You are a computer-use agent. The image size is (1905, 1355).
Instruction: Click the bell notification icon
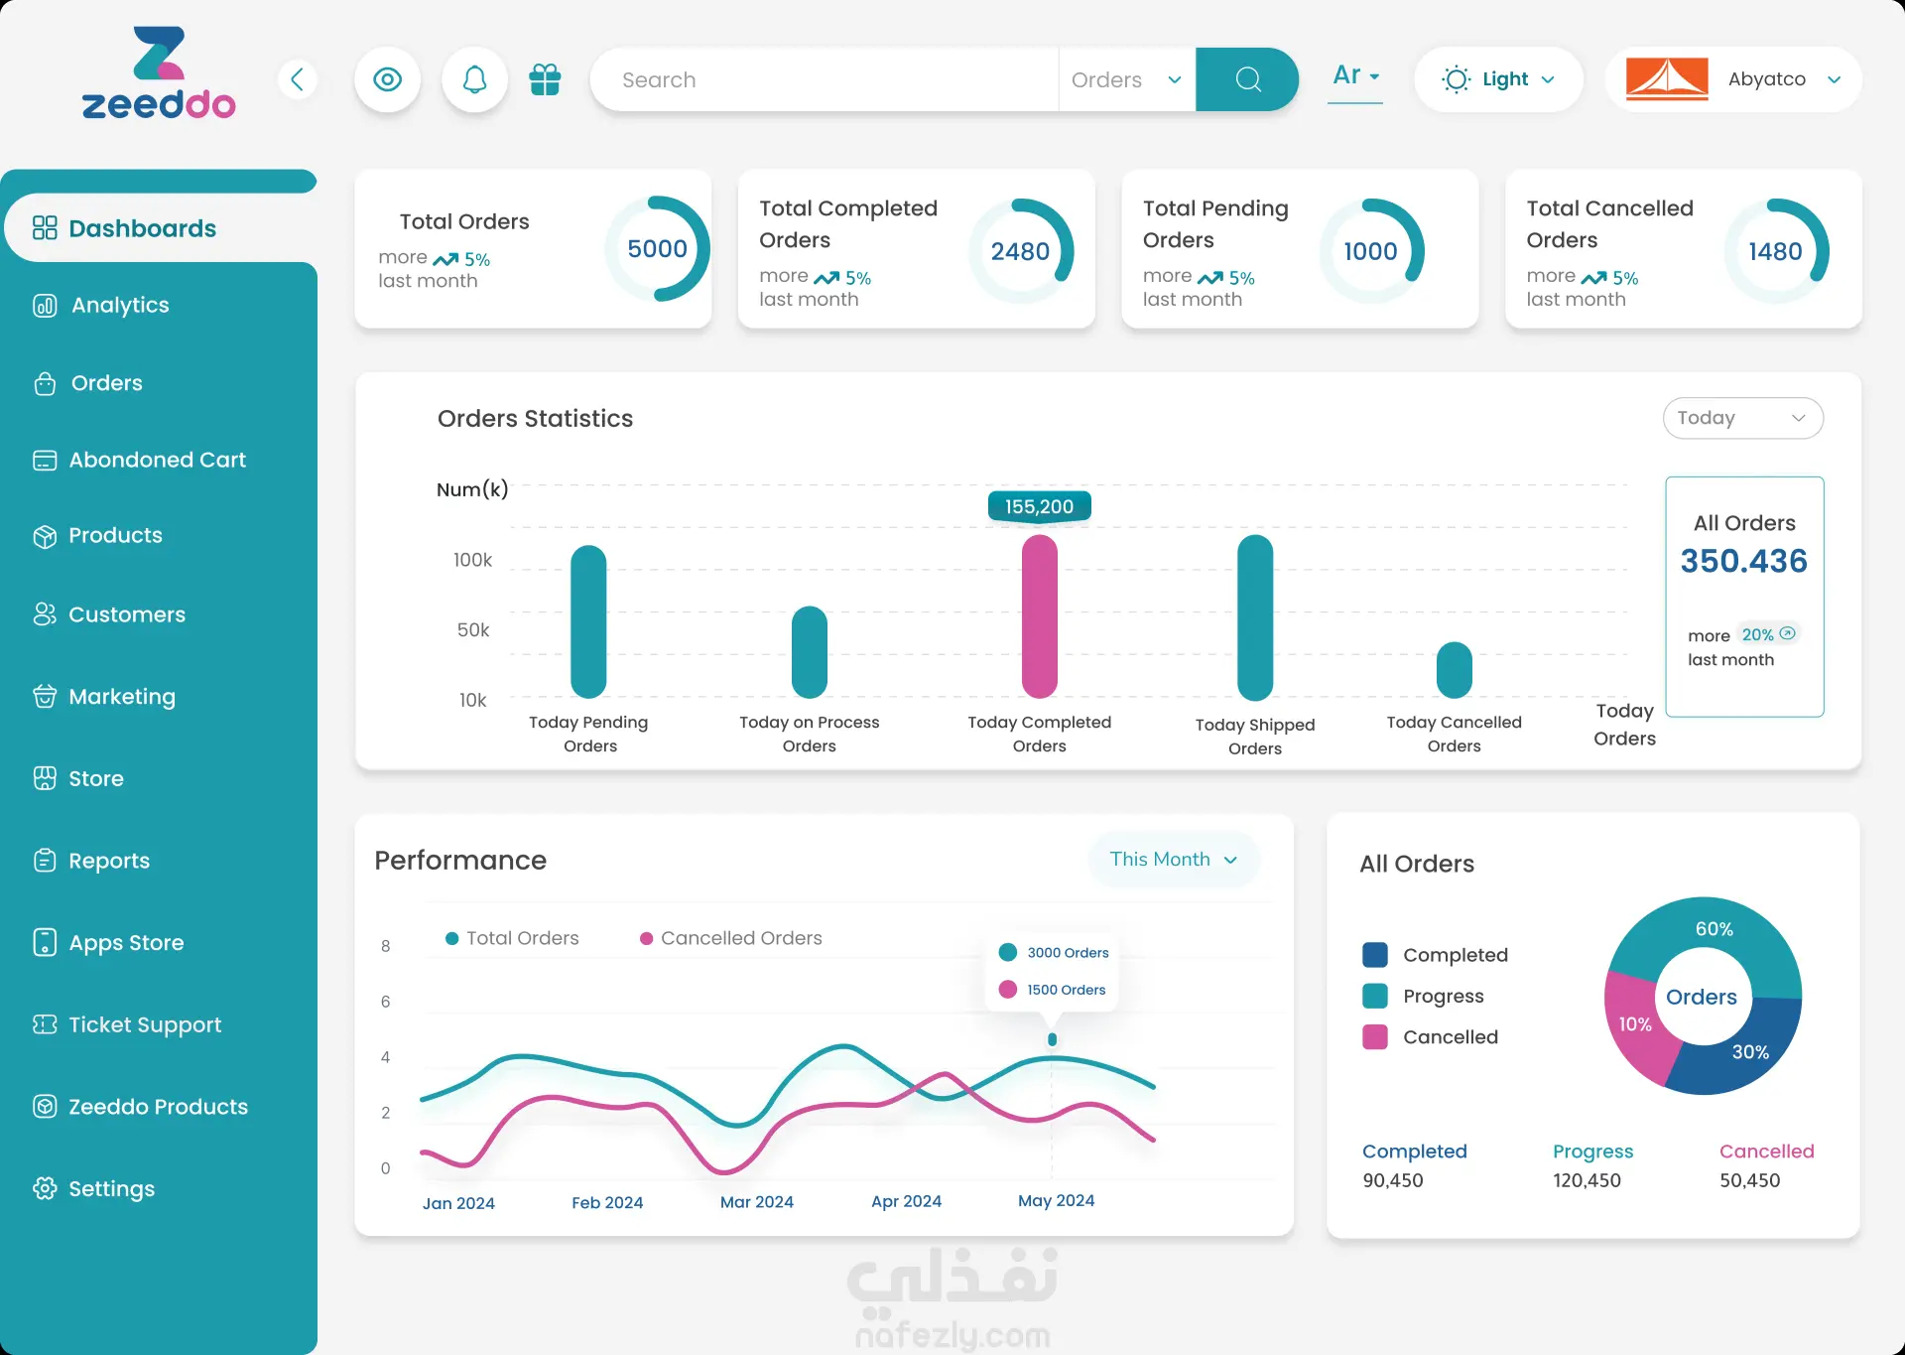[x=474, y=79]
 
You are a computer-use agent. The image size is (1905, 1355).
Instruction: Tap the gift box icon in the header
[x=545, y=79]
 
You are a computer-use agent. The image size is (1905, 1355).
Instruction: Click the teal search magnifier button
[x=1247, y=79]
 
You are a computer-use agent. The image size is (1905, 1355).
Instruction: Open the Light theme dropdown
[x=1498, y=79]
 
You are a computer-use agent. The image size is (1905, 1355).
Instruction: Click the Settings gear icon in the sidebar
[x=45, y=1188]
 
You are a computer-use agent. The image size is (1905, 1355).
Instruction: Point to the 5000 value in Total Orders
[x=657, y=248]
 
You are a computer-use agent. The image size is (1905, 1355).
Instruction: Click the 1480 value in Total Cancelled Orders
[x=1775, y=251]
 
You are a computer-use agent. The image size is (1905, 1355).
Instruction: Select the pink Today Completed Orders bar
[x=1039, y=616]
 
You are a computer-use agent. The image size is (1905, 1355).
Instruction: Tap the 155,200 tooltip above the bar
[x=1039, y=506]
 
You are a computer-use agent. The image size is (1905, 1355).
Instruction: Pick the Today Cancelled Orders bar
[x=1454, y=670]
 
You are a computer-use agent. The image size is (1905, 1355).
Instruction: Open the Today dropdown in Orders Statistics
[x=1742, y=418]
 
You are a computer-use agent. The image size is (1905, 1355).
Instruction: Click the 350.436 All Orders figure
[x=1743, y=561]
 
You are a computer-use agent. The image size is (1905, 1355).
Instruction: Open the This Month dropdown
[x=1174, y=859]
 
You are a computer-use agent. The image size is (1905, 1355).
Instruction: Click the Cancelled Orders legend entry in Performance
[x=730, y=938]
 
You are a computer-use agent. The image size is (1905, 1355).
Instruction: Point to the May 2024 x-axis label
[x=1056, y=1200]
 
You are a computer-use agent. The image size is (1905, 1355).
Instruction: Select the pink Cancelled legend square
[x=1375, y=1037]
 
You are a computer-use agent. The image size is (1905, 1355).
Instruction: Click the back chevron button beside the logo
[x=297, y=79]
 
